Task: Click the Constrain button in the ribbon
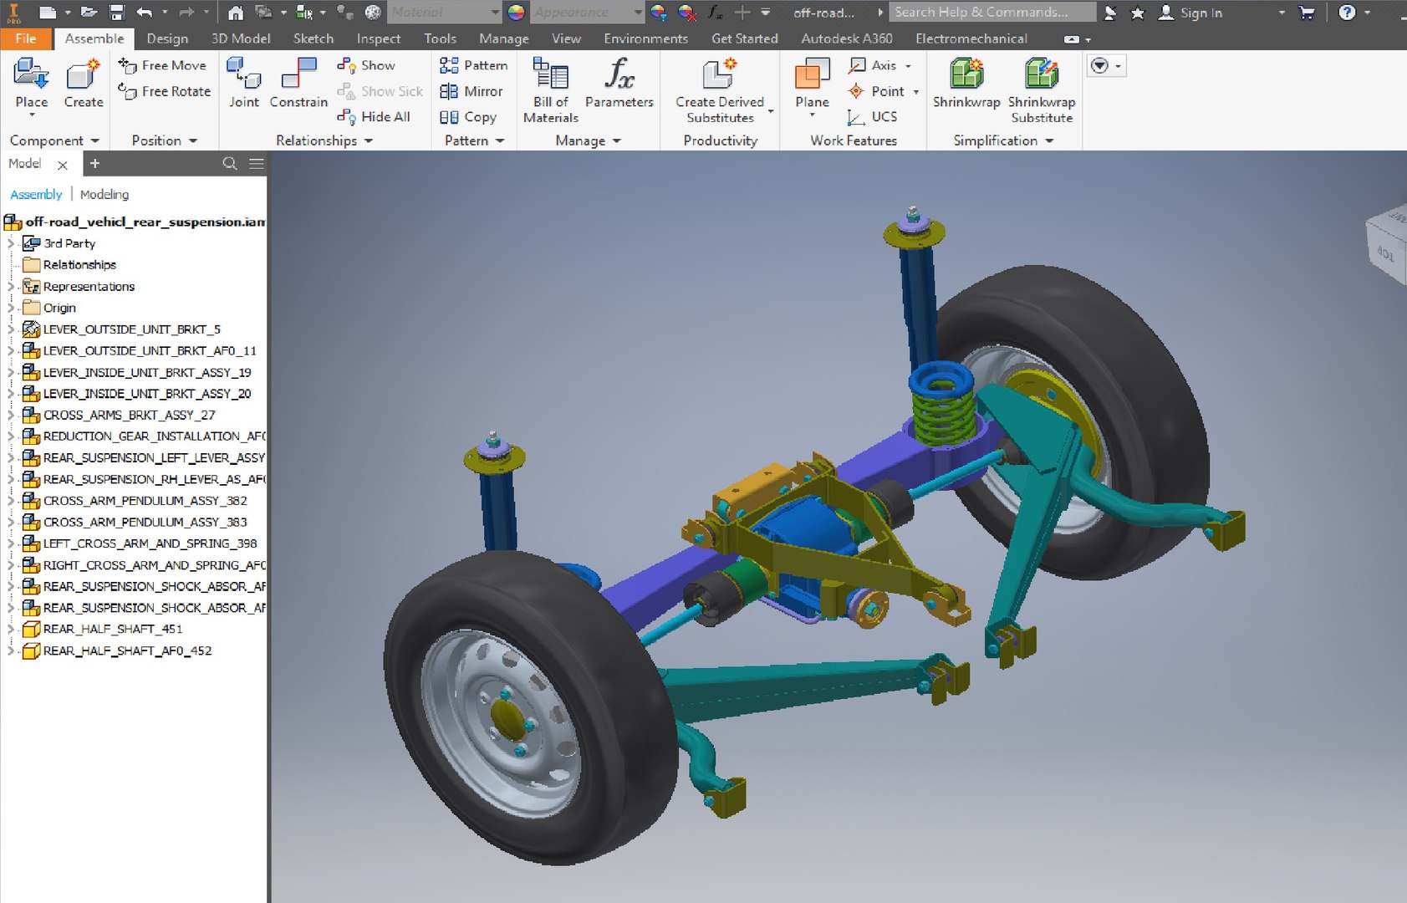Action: tap(298, 83)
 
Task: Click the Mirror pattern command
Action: tap(472, 91)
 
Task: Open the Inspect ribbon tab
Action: tap(378, 38)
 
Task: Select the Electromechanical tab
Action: tap(971, 38)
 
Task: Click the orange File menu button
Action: tap(26, 38)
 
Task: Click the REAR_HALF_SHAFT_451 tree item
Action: tap(112, 629)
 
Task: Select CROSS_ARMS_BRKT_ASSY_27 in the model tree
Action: tap(129, 415)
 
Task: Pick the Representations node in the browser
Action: tap(89, 286)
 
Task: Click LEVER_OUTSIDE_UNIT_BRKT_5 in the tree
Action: tap(131, 329)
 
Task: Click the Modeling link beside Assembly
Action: tap(105, 194)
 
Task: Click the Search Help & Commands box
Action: tap(991, 12)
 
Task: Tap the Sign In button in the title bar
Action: tap(1190, 13)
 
